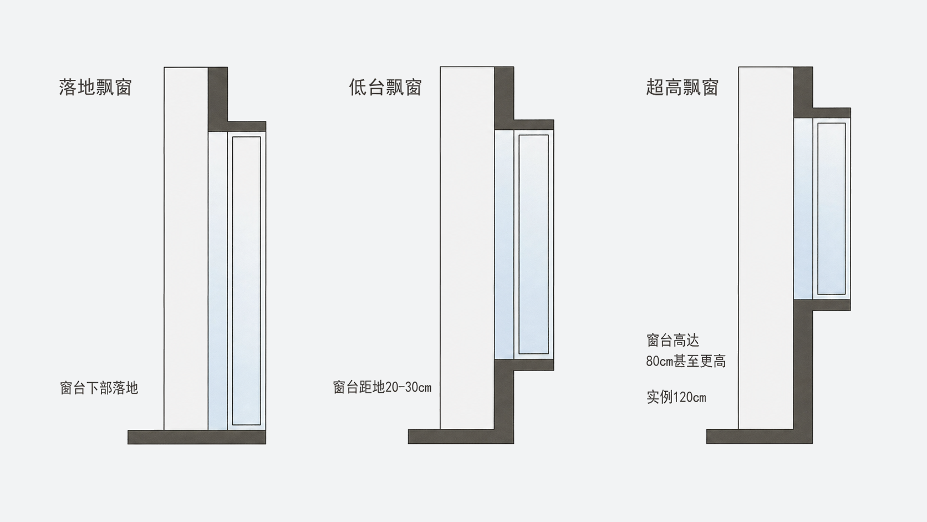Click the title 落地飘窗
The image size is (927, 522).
point(95,87)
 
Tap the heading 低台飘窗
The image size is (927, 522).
point(385,87)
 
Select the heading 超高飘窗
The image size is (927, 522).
point(682,87)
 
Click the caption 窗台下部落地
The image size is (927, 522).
point(99,388)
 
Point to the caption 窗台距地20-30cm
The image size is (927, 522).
point(382,387)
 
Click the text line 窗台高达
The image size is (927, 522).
point(673,340)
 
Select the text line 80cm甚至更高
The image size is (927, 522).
point(686,361)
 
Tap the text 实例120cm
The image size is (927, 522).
point(676,397)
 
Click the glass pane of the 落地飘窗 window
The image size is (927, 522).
point(246,281)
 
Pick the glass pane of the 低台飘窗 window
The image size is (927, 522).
point(533,244)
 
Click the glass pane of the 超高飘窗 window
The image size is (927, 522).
point(832,209)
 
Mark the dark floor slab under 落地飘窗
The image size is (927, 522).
point(197,437)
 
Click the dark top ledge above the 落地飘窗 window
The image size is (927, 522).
point(247,126)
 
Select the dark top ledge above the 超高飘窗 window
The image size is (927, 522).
point(832,113)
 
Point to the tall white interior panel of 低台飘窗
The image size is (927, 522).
point(467,247)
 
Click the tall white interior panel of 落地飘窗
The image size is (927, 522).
point(186,249)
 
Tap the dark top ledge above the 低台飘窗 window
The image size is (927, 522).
point(534,125)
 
